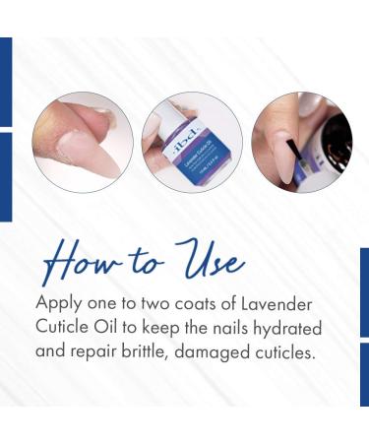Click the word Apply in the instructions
57,304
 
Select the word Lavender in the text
283,304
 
